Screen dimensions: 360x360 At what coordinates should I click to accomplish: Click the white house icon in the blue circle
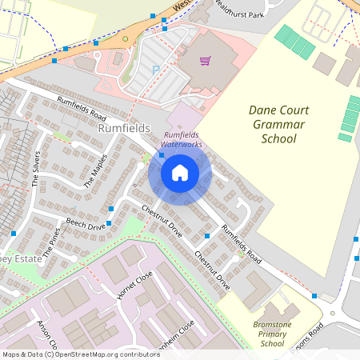(x=180, y=172)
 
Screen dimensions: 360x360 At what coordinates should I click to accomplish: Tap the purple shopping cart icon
(x=206, y=61)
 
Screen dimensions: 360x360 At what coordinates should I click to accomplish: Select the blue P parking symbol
(x=154, y=70)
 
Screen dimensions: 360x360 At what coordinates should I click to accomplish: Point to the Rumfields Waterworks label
(x=182, y=139)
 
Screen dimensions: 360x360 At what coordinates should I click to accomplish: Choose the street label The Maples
(x=94, y=170)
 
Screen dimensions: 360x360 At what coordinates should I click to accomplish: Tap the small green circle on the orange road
(x=125, y=38)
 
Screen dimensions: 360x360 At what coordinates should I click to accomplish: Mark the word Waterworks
(x=182, y=145)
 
